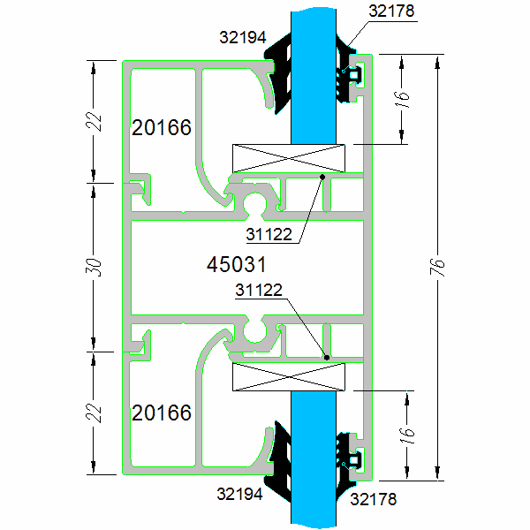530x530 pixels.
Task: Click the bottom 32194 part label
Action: coord(240,495)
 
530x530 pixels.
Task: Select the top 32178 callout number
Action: coord(391,11)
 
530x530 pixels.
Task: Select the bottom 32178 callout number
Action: coord(373,500)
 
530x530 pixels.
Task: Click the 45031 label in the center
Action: coord(236,263)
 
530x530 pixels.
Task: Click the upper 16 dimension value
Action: coord(402,98)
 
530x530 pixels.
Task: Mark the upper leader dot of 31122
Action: coord(322,177)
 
